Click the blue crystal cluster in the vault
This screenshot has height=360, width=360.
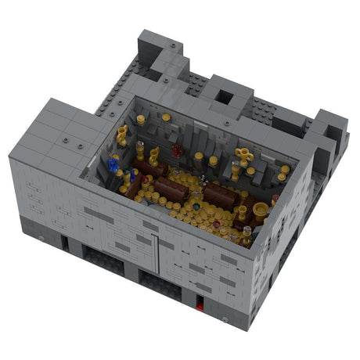[x=114, y=164]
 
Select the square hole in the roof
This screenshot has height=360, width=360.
[x=224, y=97]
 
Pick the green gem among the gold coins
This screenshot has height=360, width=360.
[x=197, y=207]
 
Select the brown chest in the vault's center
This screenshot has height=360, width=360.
[x=171, y=189]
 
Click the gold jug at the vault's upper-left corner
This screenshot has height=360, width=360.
[x=122, y=134]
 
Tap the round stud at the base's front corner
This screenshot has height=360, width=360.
[x=227, y=320]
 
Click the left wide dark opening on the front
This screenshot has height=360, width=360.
[x=103, y=262]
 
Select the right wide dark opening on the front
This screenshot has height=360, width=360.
[x=160, y=283]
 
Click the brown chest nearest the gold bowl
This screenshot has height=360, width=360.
[x=222, y=196]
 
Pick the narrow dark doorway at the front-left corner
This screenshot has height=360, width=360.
[x=64, y=243]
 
